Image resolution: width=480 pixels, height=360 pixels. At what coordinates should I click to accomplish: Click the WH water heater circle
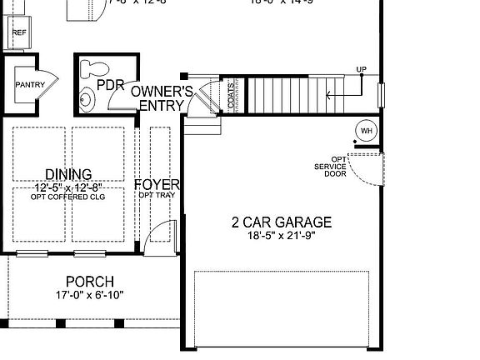tap(365, 131)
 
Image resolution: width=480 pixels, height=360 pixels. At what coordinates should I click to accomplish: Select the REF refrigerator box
tap(18, 34)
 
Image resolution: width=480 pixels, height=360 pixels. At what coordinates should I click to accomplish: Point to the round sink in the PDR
tap(87, 100)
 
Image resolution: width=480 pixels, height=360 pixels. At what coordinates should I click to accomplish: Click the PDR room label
tap(110, 85)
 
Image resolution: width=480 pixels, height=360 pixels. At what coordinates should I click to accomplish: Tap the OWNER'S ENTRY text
tap(162, 97)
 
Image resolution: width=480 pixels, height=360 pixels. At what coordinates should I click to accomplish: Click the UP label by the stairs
tap(361, 69)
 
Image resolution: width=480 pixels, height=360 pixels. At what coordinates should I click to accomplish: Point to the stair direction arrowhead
tap(328, 96)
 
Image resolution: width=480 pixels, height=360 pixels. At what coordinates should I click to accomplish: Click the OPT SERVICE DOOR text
tap(331, 167)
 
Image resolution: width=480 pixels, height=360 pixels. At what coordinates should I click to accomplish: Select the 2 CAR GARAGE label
tap(281, 222)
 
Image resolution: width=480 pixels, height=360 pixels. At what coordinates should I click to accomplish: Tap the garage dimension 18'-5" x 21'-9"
tap(281, 236)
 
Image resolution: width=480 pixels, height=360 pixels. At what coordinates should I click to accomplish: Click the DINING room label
tap(68, 174)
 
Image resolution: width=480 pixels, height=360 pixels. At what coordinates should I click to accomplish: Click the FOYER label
tap(157, 184)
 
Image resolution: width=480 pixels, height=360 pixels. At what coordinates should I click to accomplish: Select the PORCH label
tap(90, 282)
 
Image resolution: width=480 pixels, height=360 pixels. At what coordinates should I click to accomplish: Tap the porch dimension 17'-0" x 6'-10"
tap(90, 296)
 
